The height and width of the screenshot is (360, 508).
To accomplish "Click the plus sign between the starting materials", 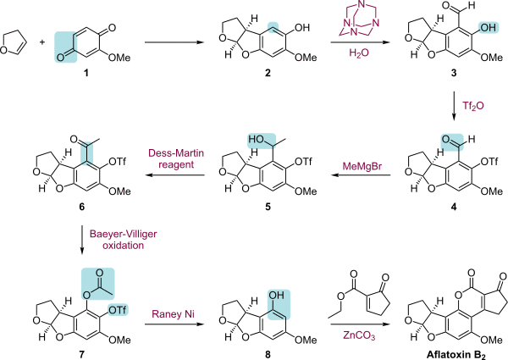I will click(35, 38).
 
